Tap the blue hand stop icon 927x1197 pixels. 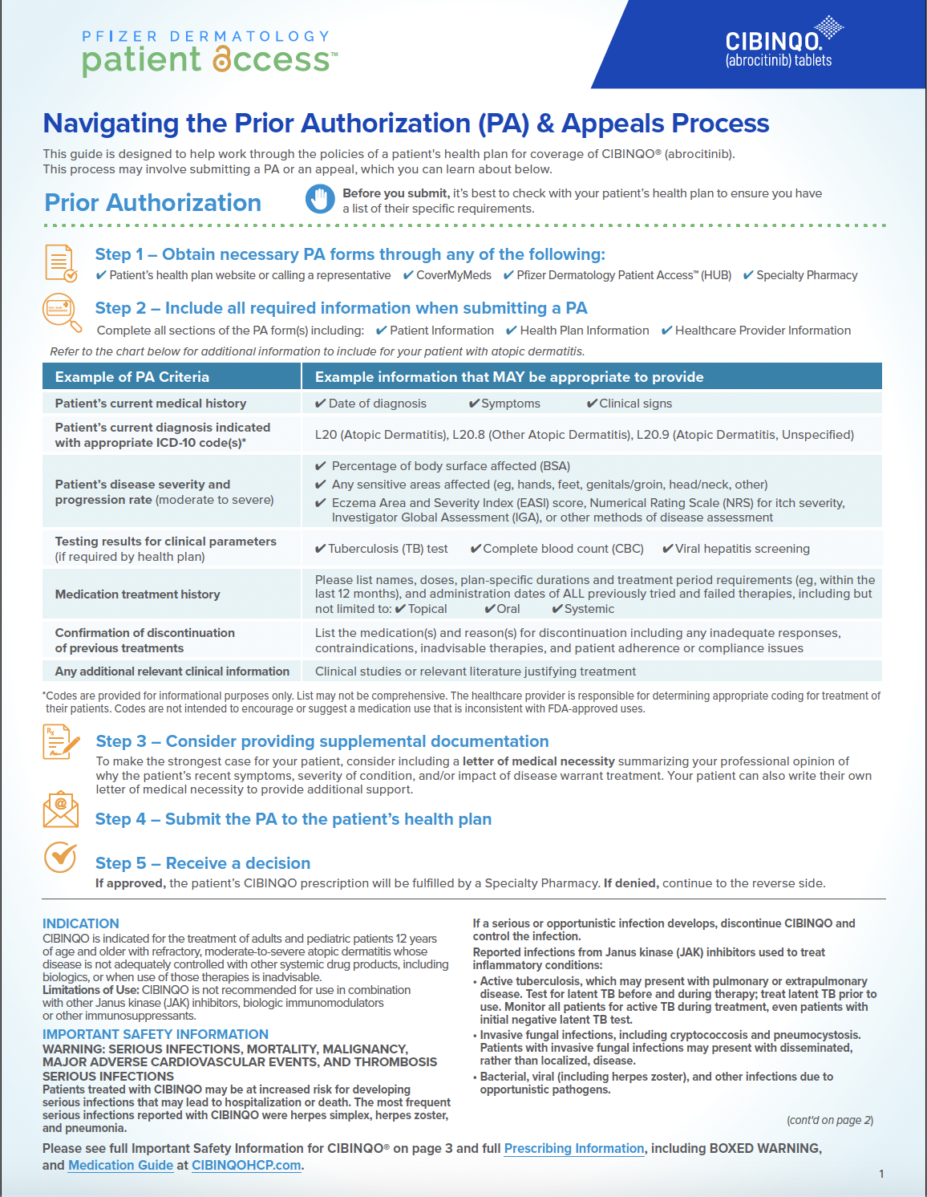pyautogui.click(x=320, y=199)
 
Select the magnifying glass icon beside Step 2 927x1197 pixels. pyautogui.click(x=62, y=312)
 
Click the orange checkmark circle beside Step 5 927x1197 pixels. pyautogui.click(x=60, y=857)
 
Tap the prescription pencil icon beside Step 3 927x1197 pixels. pyautogui.click(x=61, y=741)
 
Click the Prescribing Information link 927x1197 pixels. pyautogui.click(x=573, y=1148)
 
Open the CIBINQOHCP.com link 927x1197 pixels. pyautogui.click(x=246, y=1165)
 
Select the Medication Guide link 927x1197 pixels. pyautogui.click(x=120, y=1165)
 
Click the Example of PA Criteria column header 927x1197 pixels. pyautogui.click(x=132, y=377)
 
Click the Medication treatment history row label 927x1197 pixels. pyautogui.click(x=137, y=594)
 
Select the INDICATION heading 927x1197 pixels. pyautogui.click(x=80, y=923)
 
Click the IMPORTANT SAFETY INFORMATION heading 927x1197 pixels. pyautogui.click(x=155, y=1034)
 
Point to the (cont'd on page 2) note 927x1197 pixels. pyautogui.click(x=829, y=1120)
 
